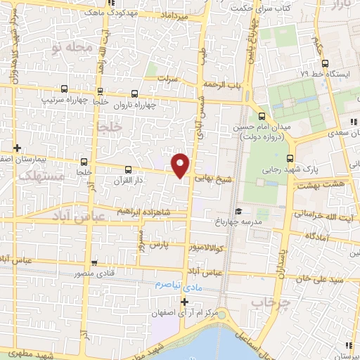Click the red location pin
pos(181,165)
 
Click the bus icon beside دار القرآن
pos(127,169)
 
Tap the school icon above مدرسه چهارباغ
pos(238,212)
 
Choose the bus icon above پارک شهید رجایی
pos(290,158)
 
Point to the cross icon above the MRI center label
pos(184,302)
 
